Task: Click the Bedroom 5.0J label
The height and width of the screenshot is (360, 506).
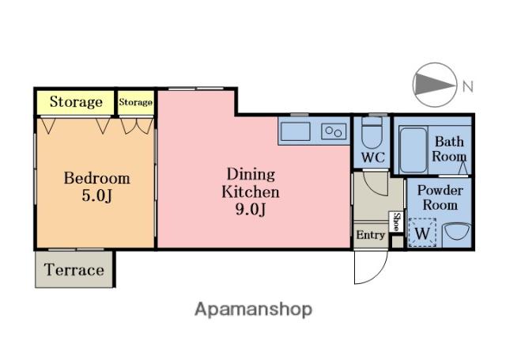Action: (96, 187)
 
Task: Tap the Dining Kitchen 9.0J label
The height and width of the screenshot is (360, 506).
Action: (251, 191)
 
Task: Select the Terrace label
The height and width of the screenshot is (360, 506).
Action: (74, 270)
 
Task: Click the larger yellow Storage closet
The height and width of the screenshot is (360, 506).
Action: (76, 102)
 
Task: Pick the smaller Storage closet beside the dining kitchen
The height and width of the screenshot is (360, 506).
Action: (135, 102)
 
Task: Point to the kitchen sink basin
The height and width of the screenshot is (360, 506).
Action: (295, 131)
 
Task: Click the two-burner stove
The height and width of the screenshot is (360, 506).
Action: (334, 131)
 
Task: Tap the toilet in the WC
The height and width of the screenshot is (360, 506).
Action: (372, 132)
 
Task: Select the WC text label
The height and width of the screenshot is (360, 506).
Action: (372, 157)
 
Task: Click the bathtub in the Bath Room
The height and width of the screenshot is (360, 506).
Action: (413, 150)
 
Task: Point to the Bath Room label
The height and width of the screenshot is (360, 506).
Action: (449, 149)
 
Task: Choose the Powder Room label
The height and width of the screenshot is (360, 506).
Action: (440, 198)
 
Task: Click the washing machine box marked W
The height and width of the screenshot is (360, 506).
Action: (422, 233)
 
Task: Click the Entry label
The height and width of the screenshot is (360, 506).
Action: (371, 235)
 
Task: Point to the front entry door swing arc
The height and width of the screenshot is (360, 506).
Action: (376, 275)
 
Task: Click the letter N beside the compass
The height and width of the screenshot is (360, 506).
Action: (468, 86)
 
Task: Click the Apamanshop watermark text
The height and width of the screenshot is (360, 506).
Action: (253, 309)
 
